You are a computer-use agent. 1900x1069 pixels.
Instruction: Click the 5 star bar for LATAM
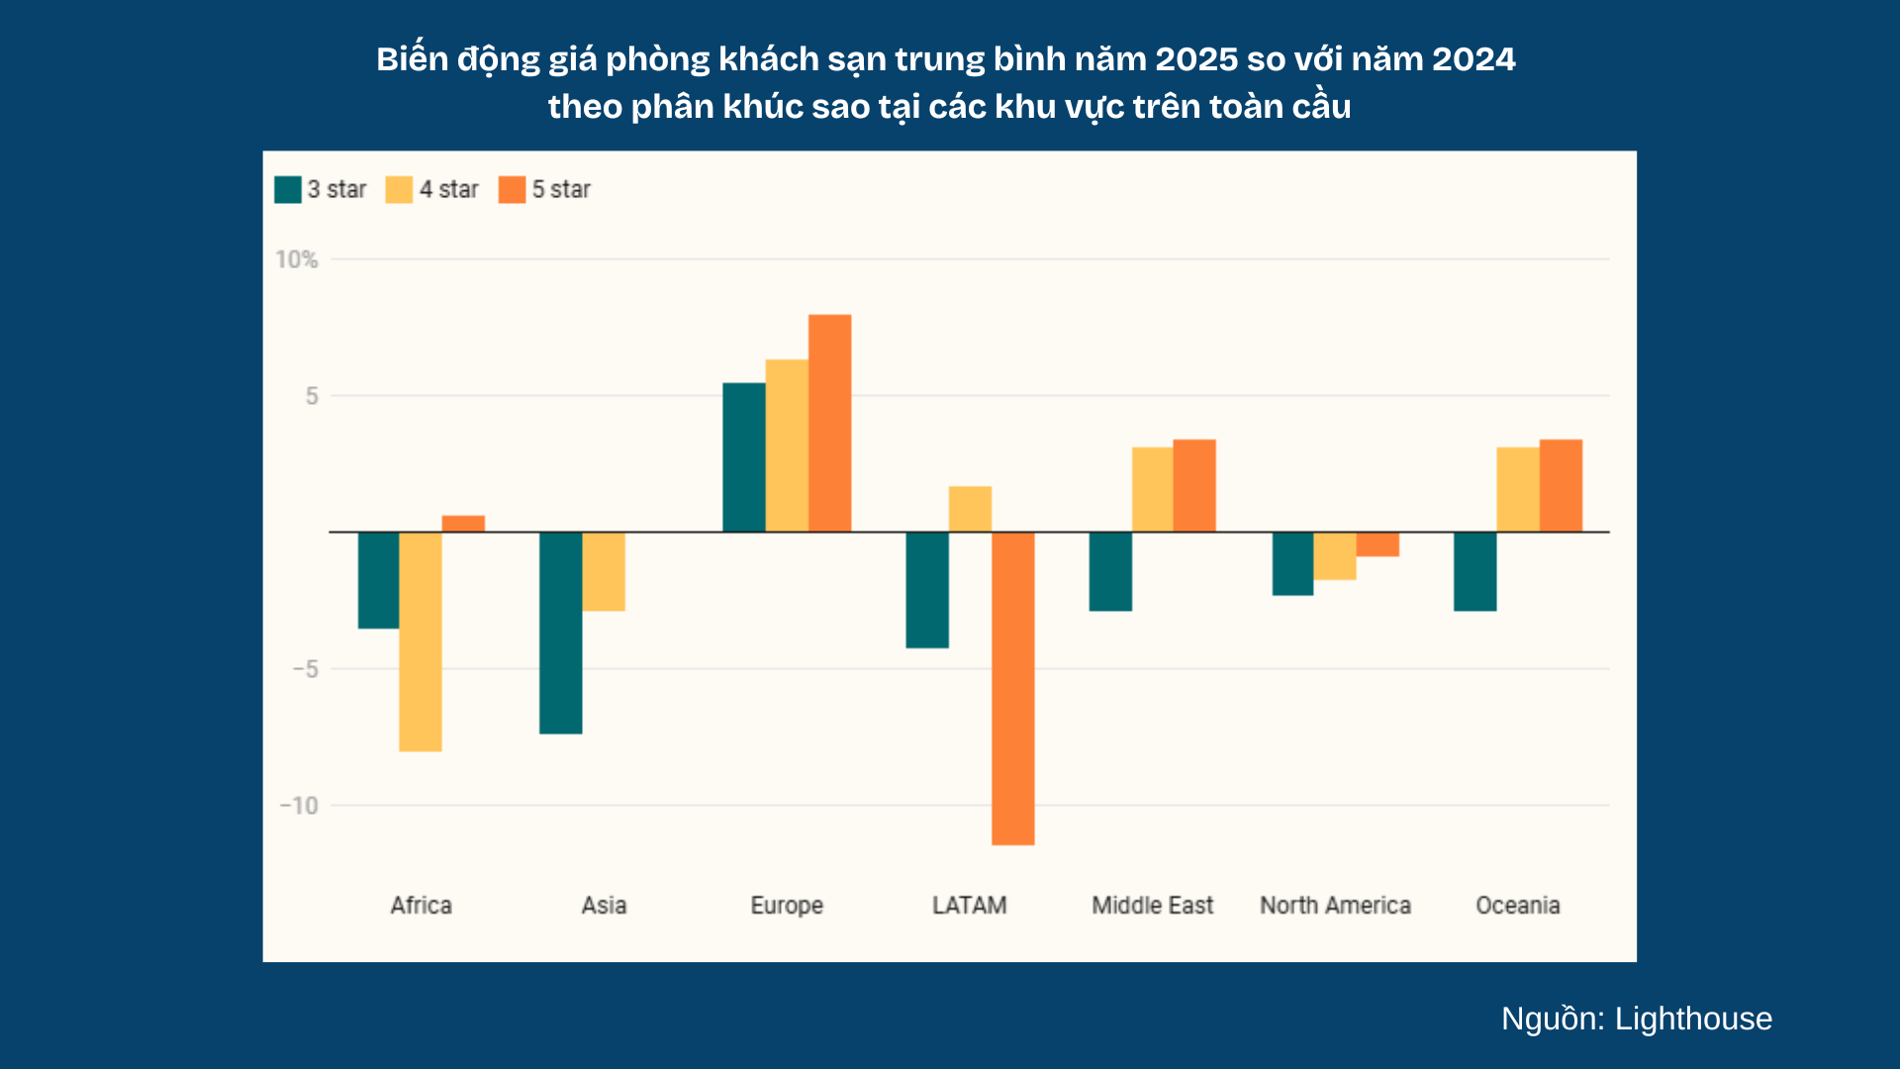(1013, 689)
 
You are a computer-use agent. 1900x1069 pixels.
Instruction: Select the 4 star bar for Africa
(421, 641)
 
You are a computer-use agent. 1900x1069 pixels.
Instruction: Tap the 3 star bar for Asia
(561, 633)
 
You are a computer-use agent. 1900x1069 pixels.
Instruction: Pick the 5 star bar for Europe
(829, 424)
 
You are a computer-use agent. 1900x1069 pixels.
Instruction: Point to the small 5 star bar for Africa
(463, 524)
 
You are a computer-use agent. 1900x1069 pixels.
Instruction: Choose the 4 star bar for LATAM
(970, 509)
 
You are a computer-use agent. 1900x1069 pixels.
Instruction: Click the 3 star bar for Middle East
(1110, 572)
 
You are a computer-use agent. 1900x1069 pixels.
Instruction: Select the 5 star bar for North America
(1377, 544)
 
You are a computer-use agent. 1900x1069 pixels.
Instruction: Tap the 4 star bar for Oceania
(1518, 490)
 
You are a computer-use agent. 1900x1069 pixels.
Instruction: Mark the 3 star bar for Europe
(744, 457)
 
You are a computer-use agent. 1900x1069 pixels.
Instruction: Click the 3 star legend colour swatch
(288, 189)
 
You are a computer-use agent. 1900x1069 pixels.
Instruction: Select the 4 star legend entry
(432, 189)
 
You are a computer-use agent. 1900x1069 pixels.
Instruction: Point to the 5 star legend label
(561, 189)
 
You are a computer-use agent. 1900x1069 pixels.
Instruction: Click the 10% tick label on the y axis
(297, 259)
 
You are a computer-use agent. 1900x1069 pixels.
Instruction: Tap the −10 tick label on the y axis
(299, 806)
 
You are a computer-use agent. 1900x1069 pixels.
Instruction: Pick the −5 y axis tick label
(306, 669)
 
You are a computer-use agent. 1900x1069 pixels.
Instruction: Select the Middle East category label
(1153, 906)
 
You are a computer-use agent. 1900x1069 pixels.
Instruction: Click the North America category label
(1335, 906)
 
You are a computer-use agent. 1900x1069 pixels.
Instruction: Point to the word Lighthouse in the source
(1693, 1020)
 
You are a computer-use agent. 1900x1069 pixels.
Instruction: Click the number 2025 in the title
(1196, 59)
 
